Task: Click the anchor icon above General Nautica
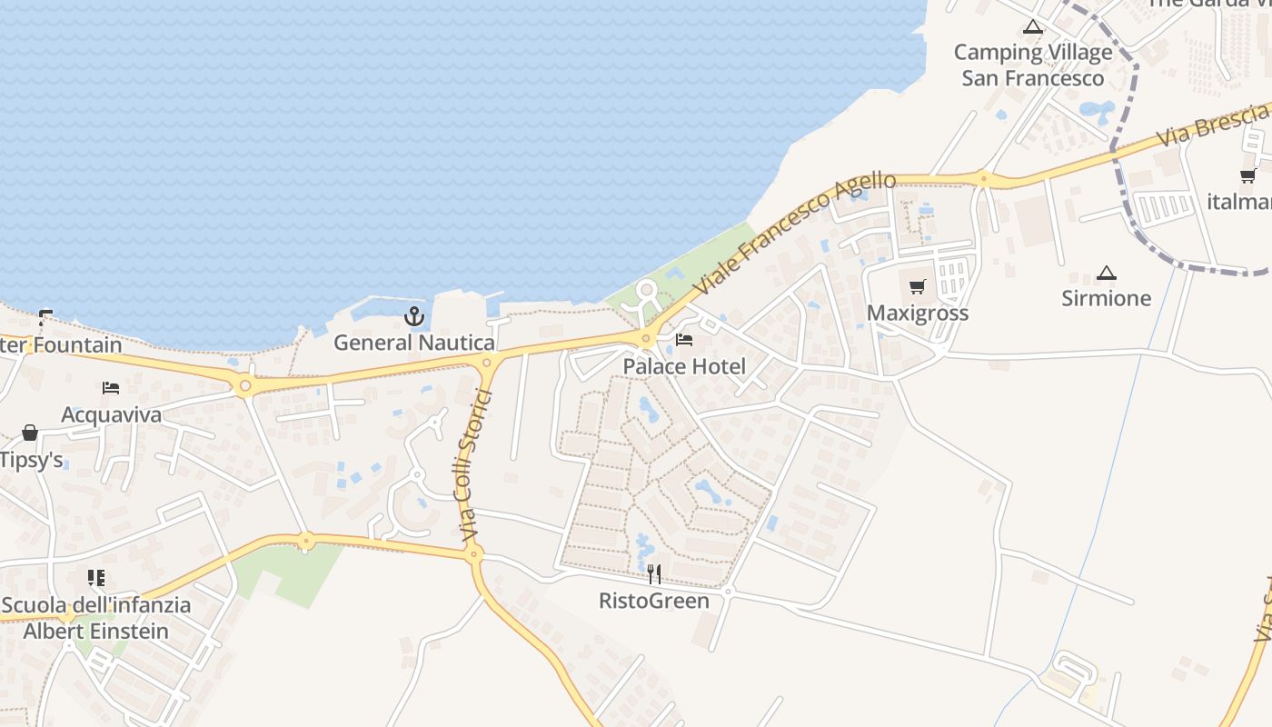pyautogui.click(x=414, y=316)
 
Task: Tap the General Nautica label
pyautogui.click(x=414, y=343)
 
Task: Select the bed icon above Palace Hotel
pyautogui.click(x=684, y=340)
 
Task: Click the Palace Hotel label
pyautogui.click(x=684, y=366)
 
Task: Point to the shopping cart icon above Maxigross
pyautogui.click(x=918, y=287)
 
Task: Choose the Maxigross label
pyautogui.click(x=918, y=313)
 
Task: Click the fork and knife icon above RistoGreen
pyautogui.click(x=654, y=574)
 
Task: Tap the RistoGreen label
pyautogui.click(x=654, y=601)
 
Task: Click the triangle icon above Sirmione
pyautogui.click(x=1106, y=273)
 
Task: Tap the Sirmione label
pyautogui.click(x=1106, y=298)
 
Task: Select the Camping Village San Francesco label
pyautogui.click(x=1033, y=65)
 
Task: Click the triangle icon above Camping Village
pyautogui.click(x=1032, y=27)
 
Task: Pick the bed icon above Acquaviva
pyautogui.click(x=111, y=388)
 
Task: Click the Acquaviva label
pyautogui.click(x=111, y=414)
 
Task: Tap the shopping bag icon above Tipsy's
pyautogui.click(x=30, y=433)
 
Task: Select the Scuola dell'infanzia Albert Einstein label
pyautogui.click(x=96, y=618)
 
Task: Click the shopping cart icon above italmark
pyautogui.click(x=1247, y=176)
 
